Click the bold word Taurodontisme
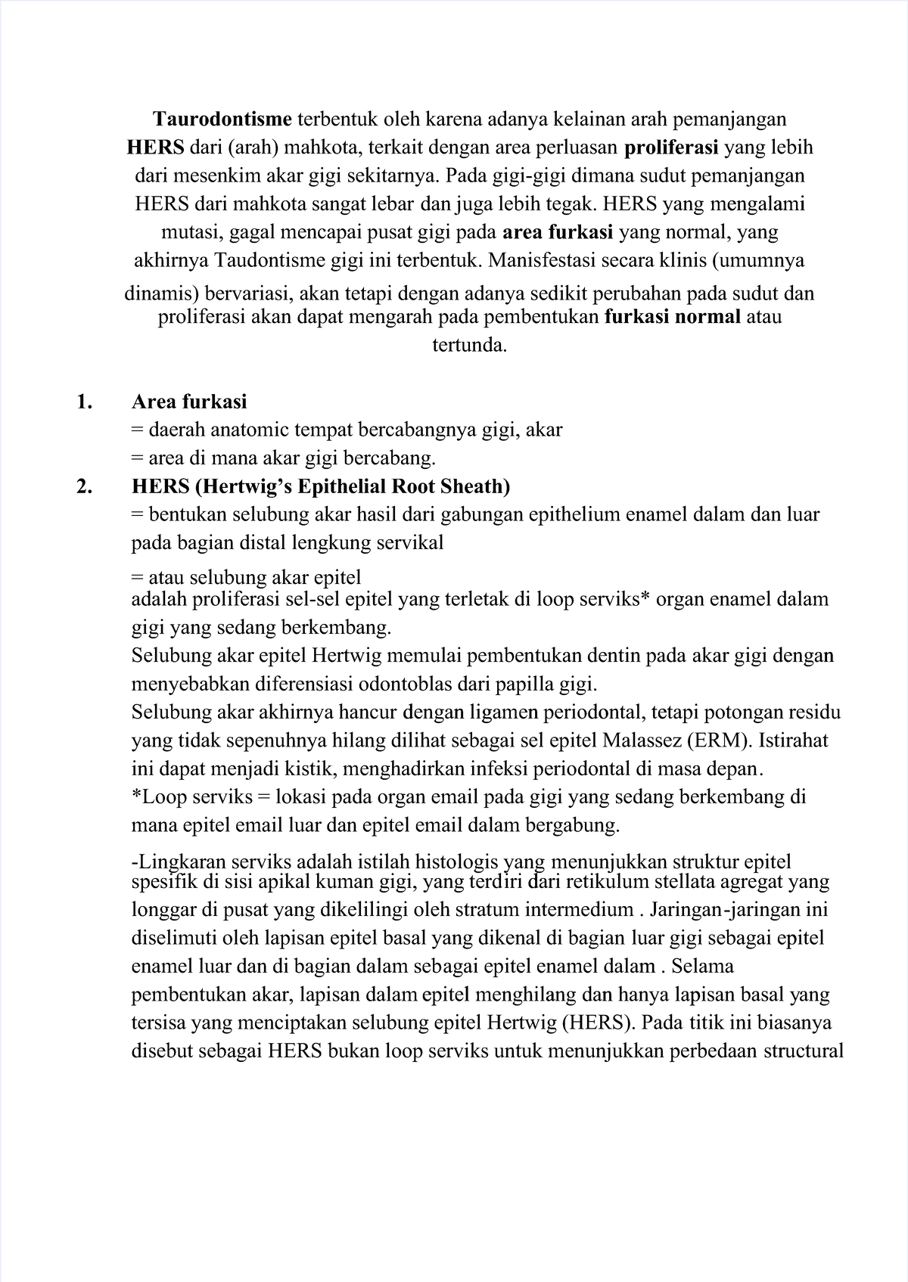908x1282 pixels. (222, 119)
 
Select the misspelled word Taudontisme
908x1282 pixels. (266, 261)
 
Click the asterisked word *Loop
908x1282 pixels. (160, 797)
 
